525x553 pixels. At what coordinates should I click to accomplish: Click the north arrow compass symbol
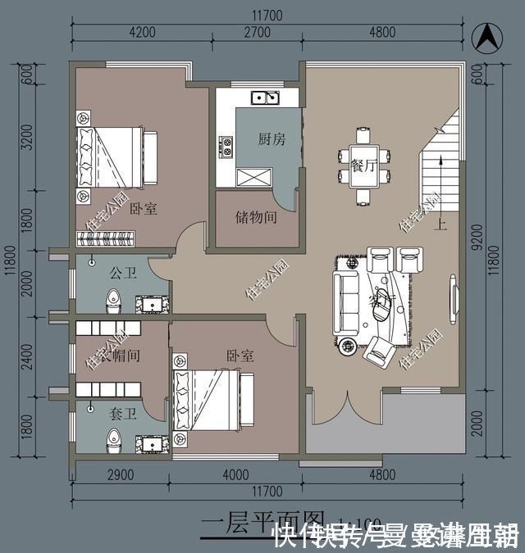(489, 36)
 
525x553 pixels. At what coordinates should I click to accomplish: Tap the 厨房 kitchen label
(272, 139)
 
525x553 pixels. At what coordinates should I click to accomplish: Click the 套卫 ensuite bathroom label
(121, 415)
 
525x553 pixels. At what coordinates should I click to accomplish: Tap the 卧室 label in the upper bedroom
(143, 209)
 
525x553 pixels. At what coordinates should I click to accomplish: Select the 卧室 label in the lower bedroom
(240, 356)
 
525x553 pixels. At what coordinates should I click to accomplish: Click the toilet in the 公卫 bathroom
(114, 301)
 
